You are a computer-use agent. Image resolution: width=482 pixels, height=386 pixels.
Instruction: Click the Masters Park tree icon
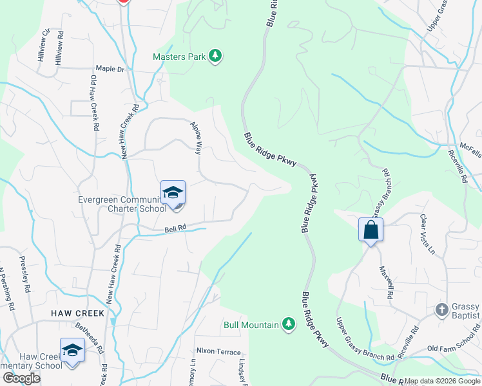[x=216, y=57]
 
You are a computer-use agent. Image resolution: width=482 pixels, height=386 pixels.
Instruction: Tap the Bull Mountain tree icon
[x=289, y=325]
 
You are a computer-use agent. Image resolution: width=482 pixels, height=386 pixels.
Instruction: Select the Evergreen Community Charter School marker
[x=173, y=194]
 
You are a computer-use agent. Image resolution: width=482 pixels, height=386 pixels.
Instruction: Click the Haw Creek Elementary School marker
[x=72, y=351]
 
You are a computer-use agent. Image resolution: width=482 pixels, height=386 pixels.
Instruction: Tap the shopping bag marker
[x=371, y=230]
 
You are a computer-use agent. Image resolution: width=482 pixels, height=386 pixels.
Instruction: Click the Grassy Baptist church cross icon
[x=442, y=309]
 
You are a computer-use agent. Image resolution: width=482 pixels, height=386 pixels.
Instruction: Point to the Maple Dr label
[x=110, y=69]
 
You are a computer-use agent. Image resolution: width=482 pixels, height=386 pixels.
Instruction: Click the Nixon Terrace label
[x=218, y=352]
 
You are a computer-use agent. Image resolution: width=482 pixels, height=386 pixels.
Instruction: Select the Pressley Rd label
[x=26, y=273]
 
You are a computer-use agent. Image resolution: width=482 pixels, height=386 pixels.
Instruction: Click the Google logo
[x=21, y=378]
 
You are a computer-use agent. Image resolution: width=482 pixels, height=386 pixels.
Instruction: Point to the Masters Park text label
[x=179, y=57]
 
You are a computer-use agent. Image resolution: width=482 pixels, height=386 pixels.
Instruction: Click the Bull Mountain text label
[x=251, y=325]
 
